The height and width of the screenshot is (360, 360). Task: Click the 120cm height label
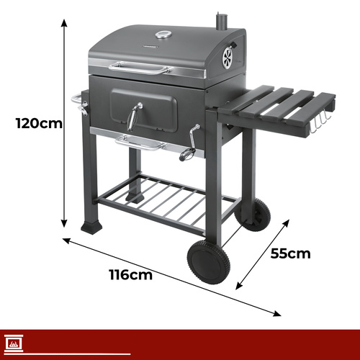click(x=39, y=123)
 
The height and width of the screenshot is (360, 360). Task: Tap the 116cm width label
click(x=131, y=274)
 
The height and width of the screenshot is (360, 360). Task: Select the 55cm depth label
click(x=290, y=253)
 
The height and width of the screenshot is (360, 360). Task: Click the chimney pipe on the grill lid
click(x=221, y=22)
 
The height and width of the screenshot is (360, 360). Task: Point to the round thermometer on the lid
click(x=163, y=35)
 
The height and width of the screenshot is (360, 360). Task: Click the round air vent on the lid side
click(x=228, y=58)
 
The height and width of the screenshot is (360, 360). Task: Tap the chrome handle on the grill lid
click(x=139, y=68)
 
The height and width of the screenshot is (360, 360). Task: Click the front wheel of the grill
click(x=209, y=262)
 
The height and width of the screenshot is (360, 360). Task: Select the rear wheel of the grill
click(x=255, y=215)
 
